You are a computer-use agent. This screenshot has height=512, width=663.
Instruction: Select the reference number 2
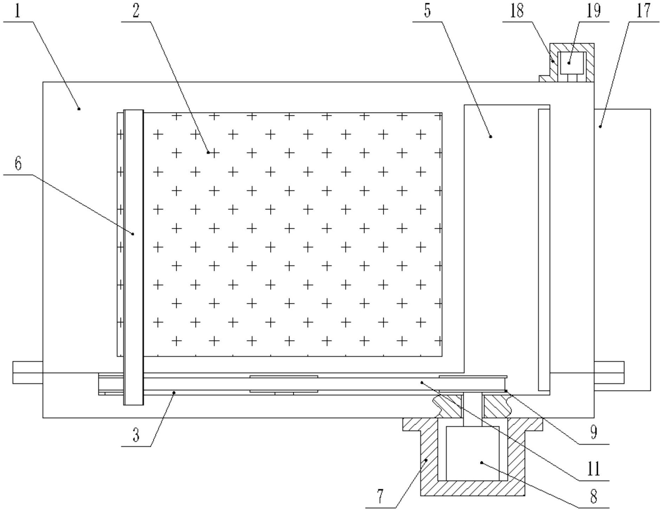coord(136,11)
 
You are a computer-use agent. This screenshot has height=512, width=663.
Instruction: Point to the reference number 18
coord(517,11)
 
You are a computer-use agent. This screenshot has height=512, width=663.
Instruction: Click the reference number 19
coord(593,11)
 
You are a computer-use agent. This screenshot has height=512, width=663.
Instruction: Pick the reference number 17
coord(644,11)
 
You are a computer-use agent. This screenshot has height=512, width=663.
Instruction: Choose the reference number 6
coord(18,164)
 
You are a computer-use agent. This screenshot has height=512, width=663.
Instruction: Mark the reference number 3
coord(136,436)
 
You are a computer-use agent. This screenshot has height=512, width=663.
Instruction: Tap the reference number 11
coord(593,469)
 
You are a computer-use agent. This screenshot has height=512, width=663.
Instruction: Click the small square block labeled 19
coord(573,63)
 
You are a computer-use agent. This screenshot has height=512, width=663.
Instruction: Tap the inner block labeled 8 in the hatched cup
coord(472,454)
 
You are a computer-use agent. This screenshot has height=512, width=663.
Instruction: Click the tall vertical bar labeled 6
coord(134,257)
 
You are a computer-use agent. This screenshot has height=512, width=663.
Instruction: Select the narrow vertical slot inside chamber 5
coord(544,250)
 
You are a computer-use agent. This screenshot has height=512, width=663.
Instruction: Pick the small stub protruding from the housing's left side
coord(27,372)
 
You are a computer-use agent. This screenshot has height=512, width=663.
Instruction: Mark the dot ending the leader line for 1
coord(79,109)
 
